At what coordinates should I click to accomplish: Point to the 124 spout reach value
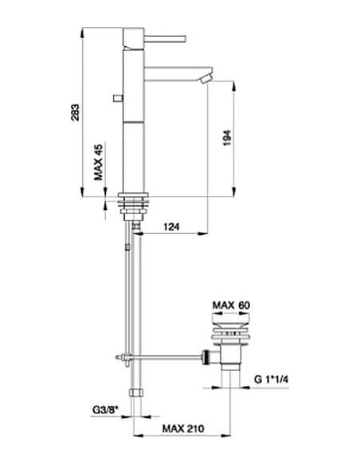point(169,227)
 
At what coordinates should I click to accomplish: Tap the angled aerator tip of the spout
point(204,76)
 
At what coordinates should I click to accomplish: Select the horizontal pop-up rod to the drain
point(167,356)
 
